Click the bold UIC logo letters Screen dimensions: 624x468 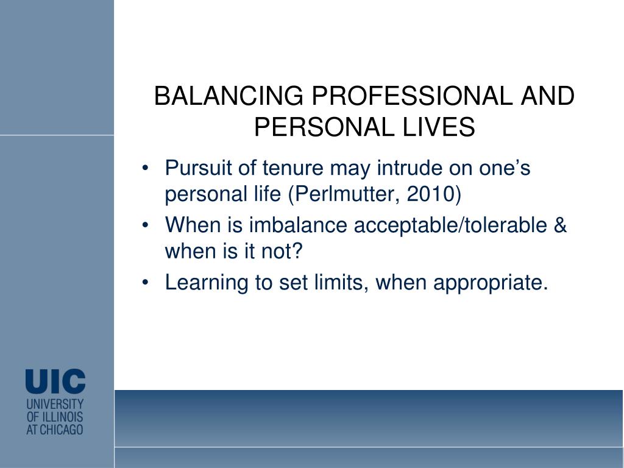click(55, 381)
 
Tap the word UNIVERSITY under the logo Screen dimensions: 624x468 click(55, 405)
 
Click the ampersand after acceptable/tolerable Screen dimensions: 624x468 click(559, 225)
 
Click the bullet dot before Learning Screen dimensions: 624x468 click(145, 283)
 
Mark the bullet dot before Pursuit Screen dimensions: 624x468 click(145, 168)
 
